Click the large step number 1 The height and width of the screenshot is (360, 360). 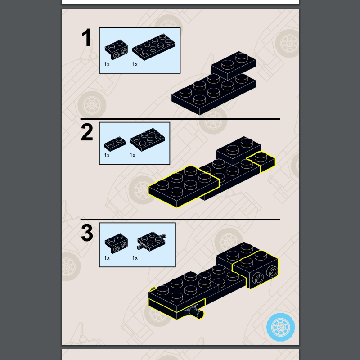(87, 37)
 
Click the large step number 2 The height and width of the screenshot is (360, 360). (87, 132)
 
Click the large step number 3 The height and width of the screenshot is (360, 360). (87, 233)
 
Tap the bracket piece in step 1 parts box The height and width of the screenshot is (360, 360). (117, 49)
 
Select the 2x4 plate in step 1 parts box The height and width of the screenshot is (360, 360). (154, 47)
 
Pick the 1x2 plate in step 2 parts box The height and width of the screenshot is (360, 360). (115, 144)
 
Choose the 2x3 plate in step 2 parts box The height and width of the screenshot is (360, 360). (147, 139)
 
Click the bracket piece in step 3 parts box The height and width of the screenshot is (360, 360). (117, 243)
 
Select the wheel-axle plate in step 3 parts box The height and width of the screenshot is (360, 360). (152, 241)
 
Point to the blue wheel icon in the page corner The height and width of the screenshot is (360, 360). (280, 327)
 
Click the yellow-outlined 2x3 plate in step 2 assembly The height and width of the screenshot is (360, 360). (184, 186)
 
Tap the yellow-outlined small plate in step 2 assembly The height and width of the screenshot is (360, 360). (261, 162)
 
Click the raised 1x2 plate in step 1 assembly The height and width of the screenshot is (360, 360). (233, 65)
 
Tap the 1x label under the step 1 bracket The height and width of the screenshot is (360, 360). (107, 64)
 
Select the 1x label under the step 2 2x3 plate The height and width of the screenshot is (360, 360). (132, 155)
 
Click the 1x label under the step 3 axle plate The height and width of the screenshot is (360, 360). (135, 258)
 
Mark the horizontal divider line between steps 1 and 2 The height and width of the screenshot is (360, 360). (180, 119)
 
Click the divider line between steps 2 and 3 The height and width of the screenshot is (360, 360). (180, 220)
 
